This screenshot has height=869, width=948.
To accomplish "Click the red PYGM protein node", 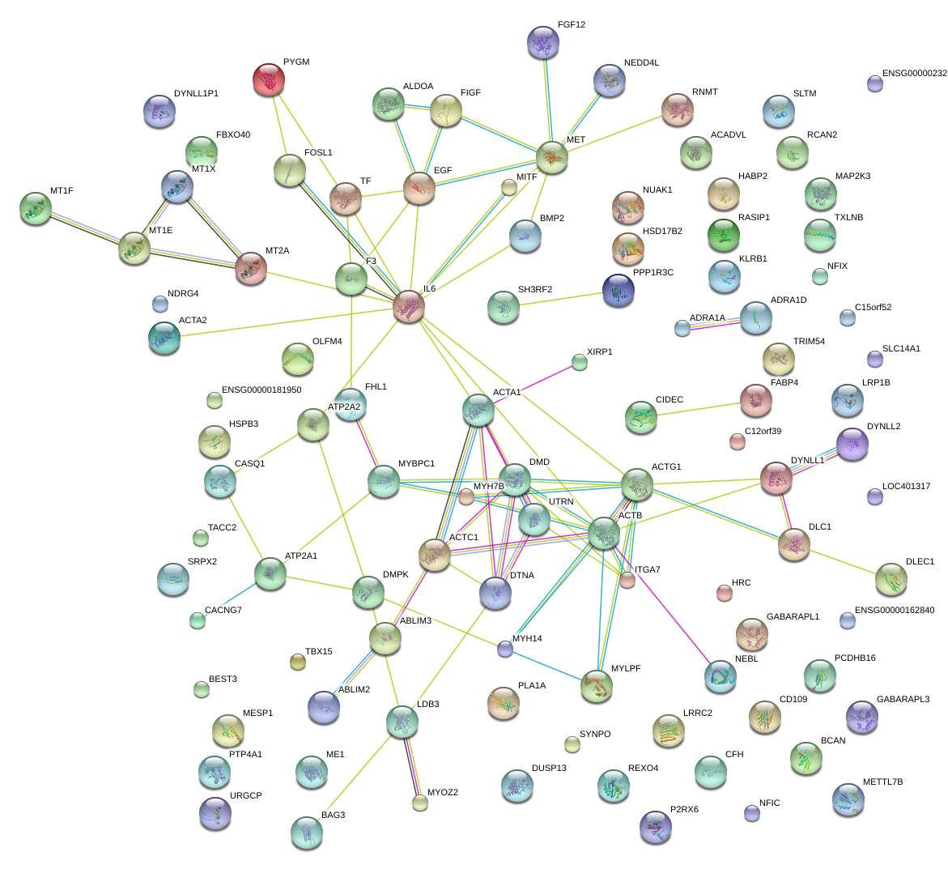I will (x=269, y=79).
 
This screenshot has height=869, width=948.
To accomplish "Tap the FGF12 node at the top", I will (x=542, y=42).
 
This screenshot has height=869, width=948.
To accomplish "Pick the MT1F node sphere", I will (x=35, y=208).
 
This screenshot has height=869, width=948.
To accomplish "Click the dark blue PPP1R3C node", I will (x=619, y=291).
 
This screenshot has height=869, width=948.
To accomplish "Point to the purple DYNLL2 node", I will (x=852, y=444).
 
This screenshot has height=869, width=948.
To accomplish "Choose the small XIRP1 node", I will (x=579, y=362).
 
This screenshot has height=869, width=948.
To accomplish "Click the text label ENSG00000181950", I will (x=261, y=390).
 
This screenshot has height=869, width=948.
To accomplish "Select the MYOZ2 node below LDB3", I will (x=419, y=803).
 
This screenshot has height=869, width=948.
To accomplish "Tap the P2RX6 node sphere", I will (x=655, y=826).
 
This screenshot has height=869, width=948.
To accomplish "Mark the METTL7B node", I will (x=848, y=799).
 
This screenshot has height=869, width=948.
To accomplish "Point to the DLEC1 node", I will (x=891, y=578).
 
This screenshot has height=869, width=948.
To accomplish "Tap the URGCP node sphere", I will (x=215, y=813).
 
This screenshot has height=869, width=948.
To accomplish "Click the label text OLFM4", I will (x=327, y=342).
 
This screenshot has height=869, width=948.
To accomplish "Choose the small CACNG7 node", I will (x=198, y=620).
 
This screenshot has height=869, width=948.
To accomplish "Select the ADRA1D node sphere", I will (x=755, y=317).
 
